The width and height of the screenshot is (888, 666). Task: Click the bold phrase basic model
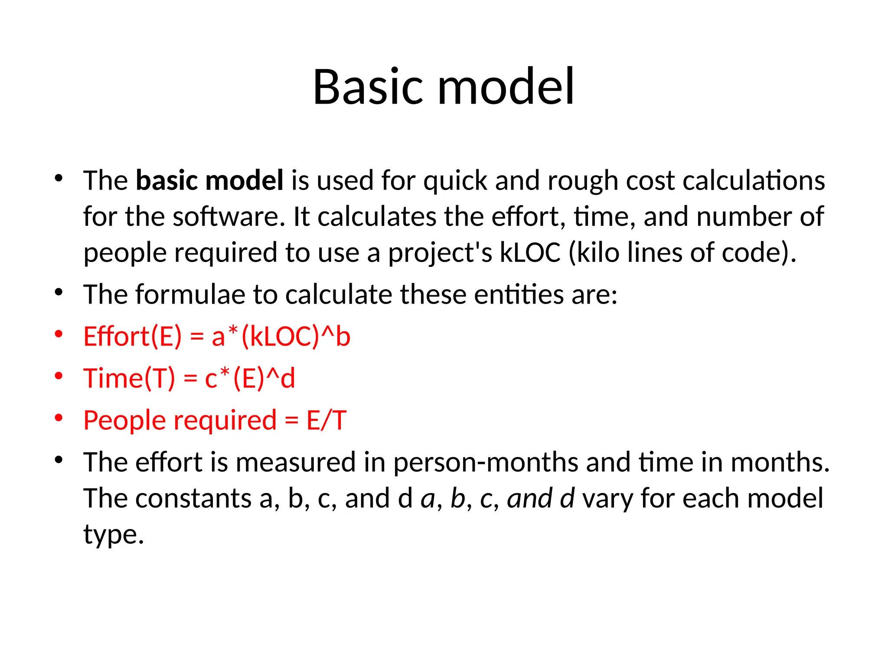point(209,180)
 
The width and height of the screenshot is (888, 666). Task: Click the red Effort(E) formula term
point(133,336)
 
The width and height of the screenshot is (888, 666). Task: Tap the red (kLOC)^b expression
point(295,336)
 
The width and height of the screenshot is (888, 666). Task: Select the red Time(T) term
point(129,378)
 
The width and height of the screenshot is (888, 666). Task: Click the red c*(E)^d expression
point(250,378)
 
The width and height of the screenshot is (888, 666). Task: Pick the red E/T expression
point(326,420)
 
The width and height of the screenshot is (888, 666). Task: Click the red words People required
point(180,420)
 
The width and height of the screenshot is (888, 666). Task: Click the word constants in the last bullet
point(193,498)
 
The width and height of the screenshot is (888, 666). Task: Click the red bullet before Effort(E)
point(59,334)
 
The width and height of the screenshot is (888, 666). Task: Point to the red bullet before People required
point(59,418)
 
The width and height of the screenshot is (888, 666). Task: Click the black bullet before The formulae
point(59,292)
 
